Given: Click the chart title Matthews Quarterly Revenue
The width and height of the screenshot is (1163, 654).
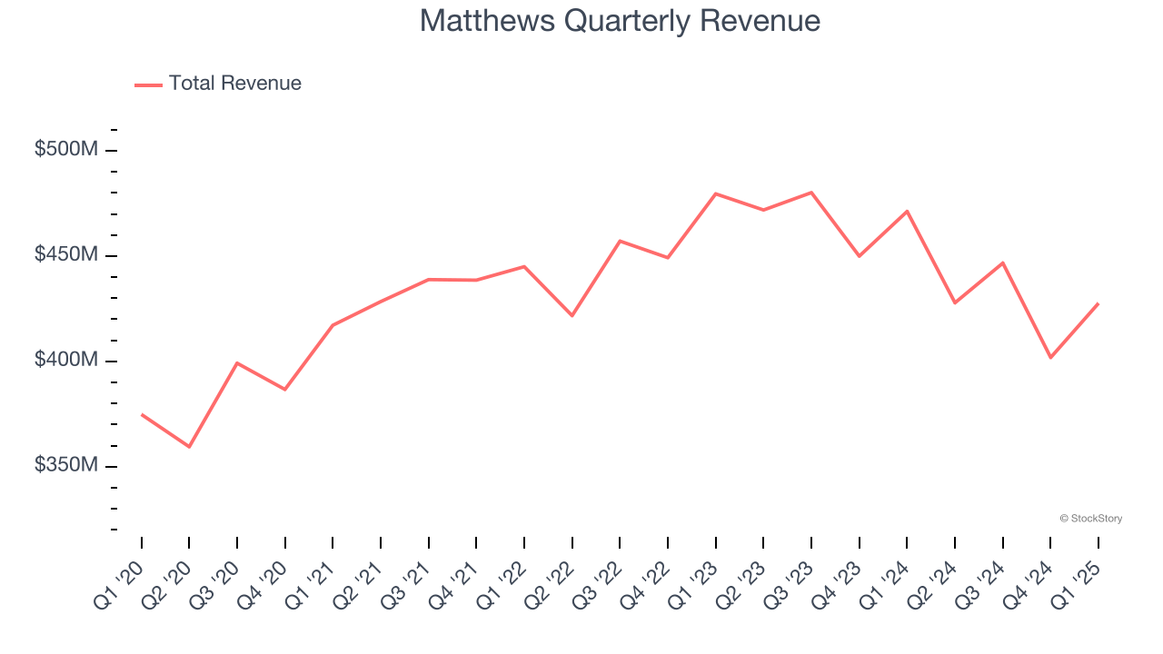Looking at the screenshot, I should [620, 21].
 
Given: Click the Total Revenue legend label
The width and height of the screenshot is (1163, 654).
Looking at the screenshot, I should [234, 84].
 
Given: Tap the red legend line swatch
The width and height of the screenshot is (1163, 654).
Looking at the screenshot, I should [148, 84].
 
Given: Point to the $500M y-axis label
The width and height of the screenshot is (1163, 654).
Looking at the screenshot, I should [65, 149].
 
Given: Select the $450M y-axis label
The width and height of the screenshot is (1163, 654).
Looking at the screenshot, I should [65, 254].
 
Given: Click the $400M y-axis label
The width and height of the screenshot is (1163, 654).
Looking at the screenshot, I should [65, 360].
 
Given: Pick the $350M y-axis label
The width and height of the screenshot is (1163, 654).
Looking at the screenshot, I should [65, 465].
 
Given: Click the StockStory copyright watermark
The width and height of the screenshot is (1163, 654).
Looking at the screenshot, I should [1090, 519].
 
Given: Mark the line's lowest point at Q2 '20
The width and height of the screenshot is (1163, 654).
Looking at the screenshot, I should [189, 447].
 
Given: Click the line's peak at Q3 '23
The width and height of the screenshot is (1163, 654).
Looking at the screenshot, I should [810, 193].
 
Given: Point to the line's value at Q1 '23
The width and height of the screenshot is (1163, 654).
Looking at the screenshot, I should [716, 193].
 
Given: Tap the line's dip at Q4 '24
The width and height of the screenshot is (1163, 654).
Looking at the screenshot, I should [1050, 357].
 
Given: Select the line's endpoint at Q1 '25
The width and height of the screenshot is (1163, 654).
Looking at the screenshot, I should [1098, 303].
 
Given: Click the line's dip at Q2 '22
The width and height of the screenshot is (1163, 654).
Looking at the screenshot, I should [572, 315].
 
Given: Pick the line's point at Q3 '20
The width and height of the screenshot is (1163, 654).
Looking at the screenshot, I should [237, 362].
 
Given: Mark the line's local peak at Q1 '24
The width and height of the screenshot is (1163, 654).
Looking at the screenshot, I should [907, 211].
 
